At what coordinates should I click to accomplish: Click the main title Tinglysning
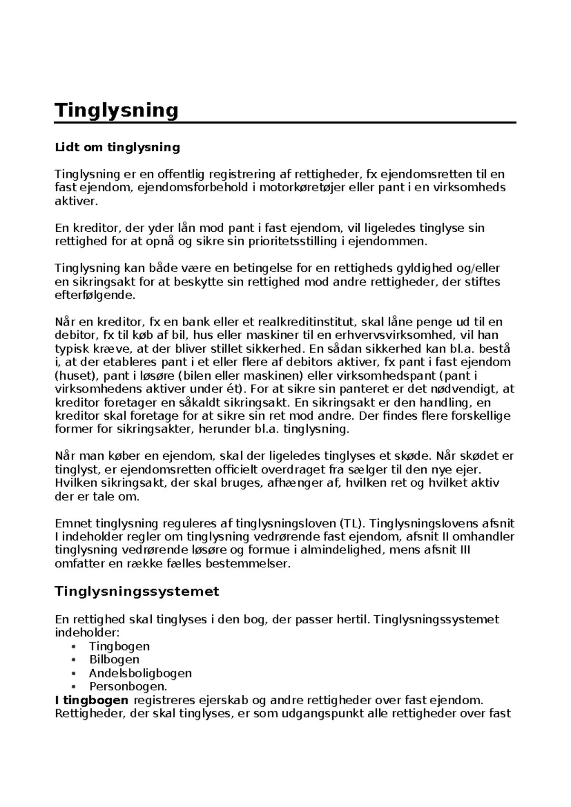point(117,110)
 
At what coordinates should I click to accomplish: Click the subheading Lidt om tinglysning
point(118,148)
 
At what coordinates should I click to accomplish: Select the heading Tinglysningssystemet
point(137,591)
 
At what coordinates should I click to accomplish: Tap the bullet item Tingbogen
point(119,646)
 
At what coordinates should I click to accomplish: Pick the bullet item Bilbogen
point(114,659)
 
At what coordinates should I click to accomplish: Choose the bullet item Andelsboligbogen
point(140,673)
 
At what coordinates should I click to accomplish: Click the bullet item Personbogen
point(128,687)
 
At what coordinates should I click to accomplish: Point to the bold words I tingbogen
point(92,700)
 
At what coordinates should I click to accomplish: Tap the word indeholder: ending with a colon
point(88,633)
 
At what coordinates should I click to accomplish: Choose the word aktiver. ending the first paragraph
point(77,201)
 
